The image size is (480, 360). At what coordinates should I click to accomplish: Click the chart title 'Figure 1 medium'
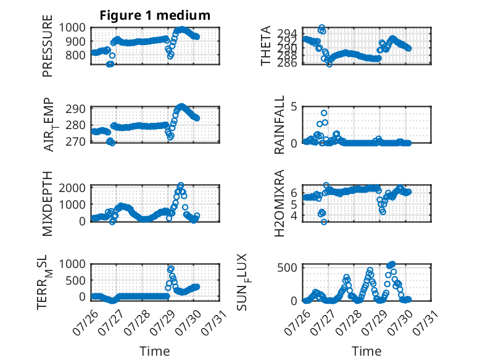coord(155,15)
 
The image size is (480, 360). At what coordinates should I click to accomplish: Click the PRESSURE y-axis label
coord(48,46)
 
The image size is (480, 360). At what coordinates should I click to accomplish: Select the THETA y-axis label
coord(266,46)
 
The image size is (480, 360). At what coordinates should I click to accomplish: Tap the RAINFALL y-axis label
coord(279,125)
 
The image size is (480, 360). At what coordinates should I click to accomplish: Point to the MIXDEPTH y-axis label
coord(48,204)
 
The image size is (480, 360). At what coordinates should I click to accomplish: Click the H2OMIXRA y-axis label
coord(279,203)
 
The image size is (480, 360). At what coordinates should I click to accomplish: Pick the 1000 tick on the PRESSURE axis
coord(72,28)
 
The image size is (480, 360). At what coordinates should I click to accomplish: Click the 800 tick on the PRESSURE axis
coord(76,56)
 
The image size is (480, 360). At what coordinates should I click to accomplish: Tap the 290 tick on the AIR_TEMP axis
coord(76,109)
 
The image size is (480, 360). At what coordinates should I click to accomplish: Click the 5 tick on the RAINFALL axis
coord(294,107)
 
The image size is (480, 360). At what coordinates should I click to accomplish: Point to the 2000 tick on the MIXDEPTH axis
coord(72,188)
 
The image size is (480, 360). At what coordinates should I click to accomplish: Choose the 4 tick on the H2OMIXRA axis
coord(294,215)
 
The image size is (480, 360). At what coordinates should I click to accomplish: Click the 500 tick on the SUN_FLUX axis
coord(288,267)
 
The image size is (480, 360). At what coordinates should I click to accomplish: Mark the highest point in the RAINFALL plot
coord(324,114)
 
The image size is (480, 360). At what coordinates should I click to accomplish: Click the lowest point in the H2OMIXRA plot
coord(324,222)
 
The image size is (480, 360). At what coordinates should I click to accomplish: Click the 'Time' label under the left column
coord(155,351)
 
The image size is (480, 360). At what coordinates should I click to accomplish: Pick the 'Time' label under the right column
coord(366,351)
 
